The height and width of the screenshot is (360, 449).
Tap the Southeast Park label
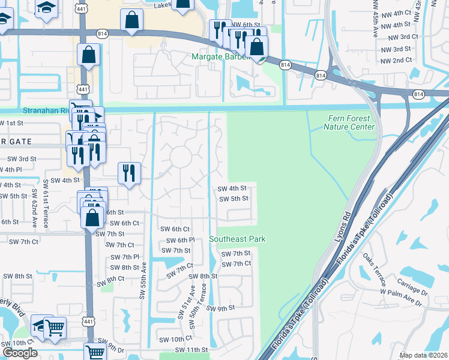(237, 239)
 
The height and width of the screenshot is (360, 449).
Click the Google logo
(20, 353)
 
